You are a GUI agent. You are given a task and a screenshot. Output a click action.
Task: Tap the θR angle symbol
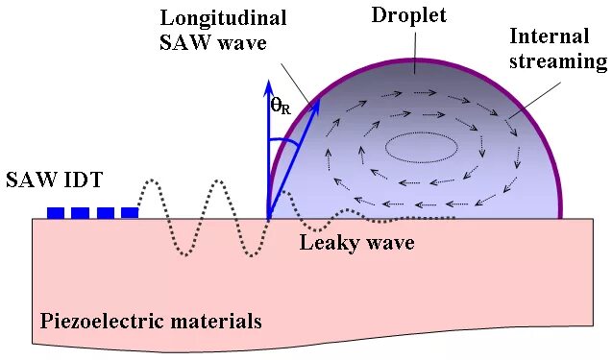click(281, 108)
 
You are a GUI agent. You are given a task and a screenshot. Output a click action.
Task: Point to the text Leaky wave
click(356, 243)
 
